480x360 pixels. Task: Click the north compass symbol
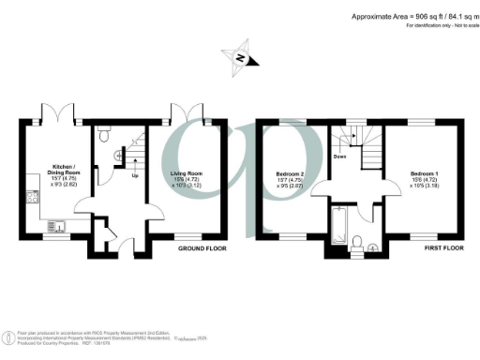(240, 58)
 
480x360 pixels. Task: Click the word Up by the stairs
(135, 176)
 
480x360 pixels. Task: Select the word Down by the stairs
(338, 157)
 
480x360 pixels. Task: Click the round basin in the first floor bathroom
(374, 247)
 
